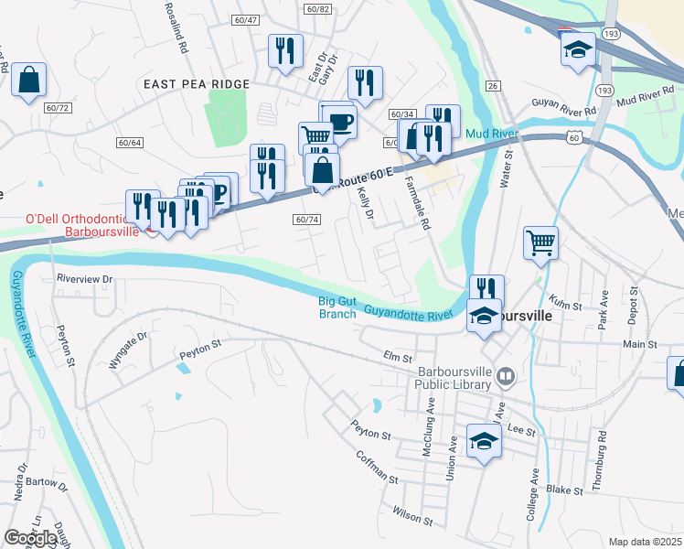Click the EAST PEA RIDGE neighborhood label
[x=197, y=84]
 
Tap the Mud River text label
[x=492, y=135]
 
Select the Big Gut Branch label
[x=337, y=307]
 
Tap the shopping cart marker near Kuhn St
[x=540, y=242]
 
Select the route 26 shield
[x=493, y=86]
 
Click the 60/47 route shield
[x=246, y=19]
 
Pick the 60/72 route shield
[x=57, y=108]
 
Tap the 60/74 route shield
[x=307, y=220]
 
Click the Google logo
[x=30, y=538]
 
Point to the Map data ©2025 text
[x=645, y=542]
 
